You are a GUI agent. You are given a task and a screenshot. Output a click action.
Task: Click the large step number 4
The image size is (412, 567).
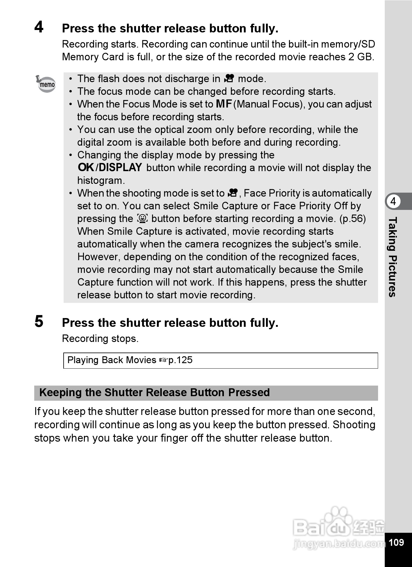(x=39, y=27)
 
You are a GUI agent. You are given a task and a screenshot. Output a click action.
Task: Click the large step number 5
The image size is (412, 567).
(x=39, y=321)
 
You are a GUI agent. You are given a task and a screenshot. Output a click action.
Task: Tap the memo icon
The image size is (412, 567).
(x=46, y=84)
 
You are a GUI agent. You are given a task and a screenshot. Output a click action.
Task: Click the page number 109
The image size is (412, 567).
(x=396, y=542)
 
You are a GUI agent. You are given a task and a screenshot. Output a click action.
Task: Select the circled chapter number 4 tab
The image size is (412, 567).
(x=393, y=201)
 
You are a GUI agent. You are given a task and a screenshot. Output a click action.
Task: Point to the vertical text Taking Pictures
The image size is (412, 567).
(x=393, y=257)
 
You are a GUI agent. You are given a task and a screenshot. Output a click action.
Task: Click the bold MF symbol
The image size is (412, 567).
(x=224, y=104)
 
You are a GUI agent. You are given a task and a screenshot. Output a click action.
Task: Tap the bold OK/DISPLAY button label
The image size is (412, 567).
(x=110, y=167)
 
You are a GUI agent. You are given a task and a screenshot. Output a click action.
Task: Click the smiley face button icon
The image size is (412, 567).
(x=142, y=218)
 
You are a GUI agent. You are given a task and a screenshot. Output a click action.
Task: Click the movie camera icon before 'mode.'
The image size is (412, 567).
(x=229, y=78)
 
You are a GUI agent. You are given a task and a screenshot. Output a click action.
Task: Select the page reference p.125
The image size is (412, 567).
(x=181, y=360)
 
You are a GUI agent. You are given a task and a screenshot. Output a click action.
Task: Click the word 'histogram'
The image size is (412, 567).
(x=101, y=181)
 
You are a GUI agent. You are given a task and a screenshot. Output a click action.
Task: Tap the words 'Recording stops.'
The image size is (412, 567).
(x=100, y=339)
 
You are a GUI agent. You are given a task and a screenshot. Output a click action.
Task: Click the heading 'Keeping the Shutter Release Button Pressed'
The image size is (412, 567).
(x=154, y=393)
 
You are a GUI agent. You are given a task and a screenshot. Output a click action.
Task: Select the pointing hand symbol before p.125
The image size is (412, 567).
(x=163, y=360)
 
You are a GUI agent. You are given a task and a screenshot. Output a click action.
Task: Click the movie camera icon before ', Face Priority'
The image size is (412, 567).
(x=233, y=193)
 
